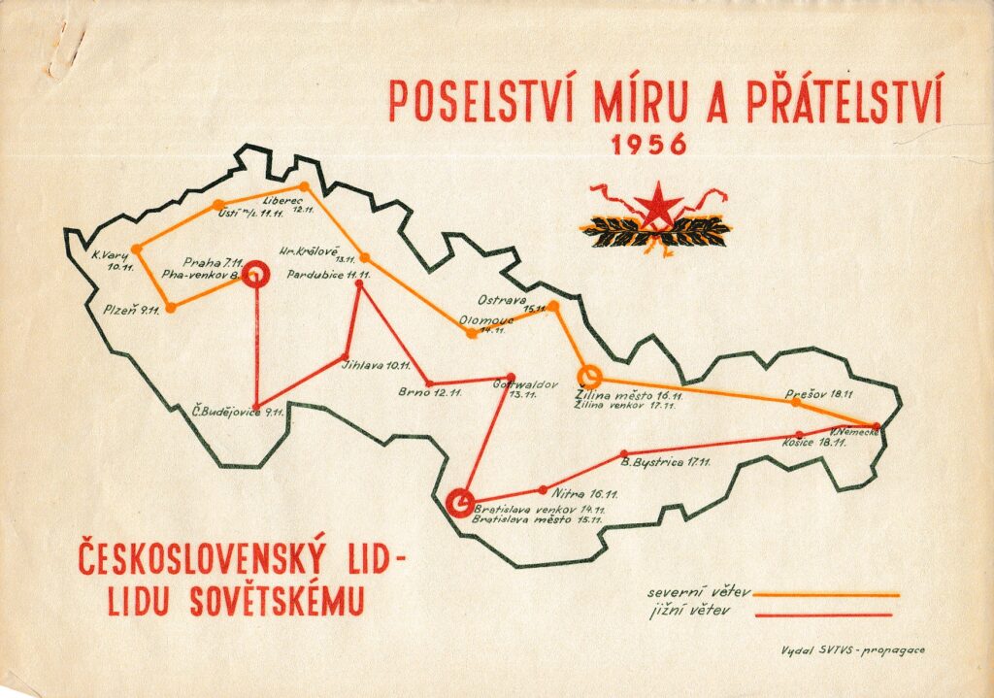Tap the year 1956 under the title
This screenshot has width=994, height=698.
[x=649, y=145]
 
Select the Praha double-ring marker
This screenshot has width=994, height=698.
[x=255, y=275]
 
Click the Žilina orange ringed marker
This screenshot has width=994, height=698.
[x=588, y=376]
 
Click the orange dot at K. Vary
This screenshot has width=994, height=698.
[x=136, y=249]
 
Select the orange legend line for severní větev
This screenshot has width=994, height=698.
[x=826, y=594]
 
